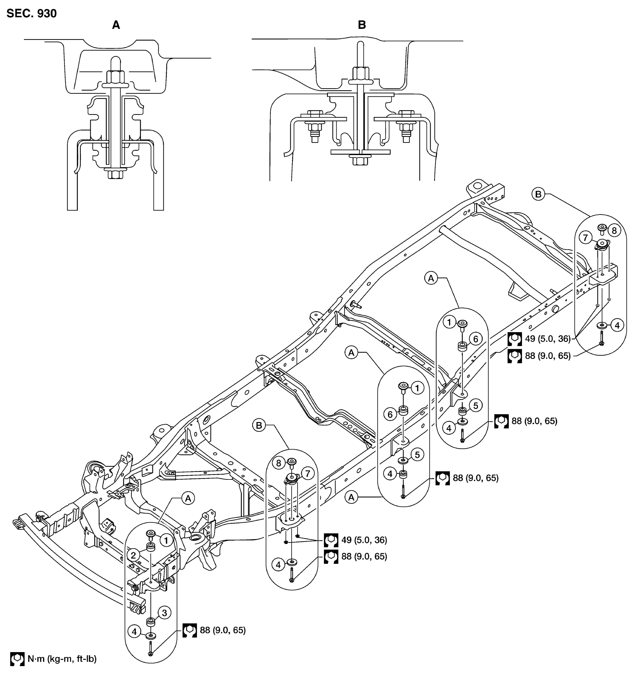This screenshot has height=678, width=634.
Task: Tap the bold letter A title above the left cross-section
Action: pyautogui.click(x=116, y=25)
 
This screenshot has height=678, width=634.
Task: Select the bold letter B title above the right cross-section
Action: pyautogui.click(x=362, y=25)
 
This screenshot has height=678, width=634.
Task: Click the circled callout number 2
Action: pyautogui.click(x=133, y=555)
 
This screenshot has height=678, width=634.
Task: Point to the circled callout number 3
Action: pyautogui.click(x=164, y=613)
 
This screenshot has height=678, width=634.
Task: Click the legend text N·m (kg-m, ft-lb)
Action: pyautogui.click(x=62, y=659)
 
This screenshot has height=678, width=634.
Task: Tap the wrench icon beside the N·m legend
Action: pyautogui.click(x=17, y=659)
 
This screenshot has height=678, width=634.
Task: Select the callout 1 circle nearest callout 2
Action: pyautogui.click(x=166, y=540)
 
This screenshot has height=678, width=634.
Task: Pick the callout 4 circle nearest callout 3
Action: pyautogui.click(x=134, y=632)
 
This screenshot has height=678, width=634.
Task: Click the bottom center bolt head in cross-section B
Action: pyautogui.click(x=360, y=161)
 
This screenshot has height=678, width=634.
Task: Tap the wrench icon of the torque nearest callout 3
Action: pyautogui.click(x=190, y=630)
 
